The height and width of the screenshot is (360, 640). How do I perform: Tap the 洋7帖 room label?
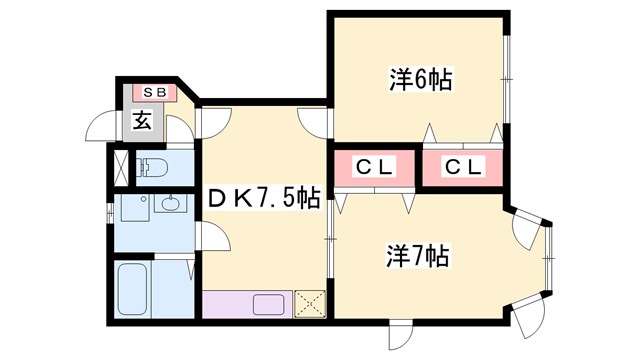coord(418,256)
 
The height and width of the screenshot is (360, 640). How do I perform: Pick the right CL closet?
coord(463,168)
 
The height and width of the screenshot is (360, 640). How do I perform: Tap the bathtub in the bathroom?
coord(133,289)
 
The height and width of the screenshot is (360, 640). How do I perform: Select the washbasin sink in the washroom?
coord(168,206)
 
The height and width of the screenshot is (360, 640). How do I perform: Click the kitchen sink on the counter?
coord(268,303)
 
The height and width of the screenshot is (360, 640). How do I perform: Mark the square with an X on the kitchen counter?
coord(308,303)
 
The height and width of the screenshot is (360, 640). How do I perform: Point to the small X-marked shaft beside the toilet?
coord(121,168)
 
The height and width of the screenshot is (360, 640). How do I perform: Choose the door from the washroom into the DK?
coord(211,240)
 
